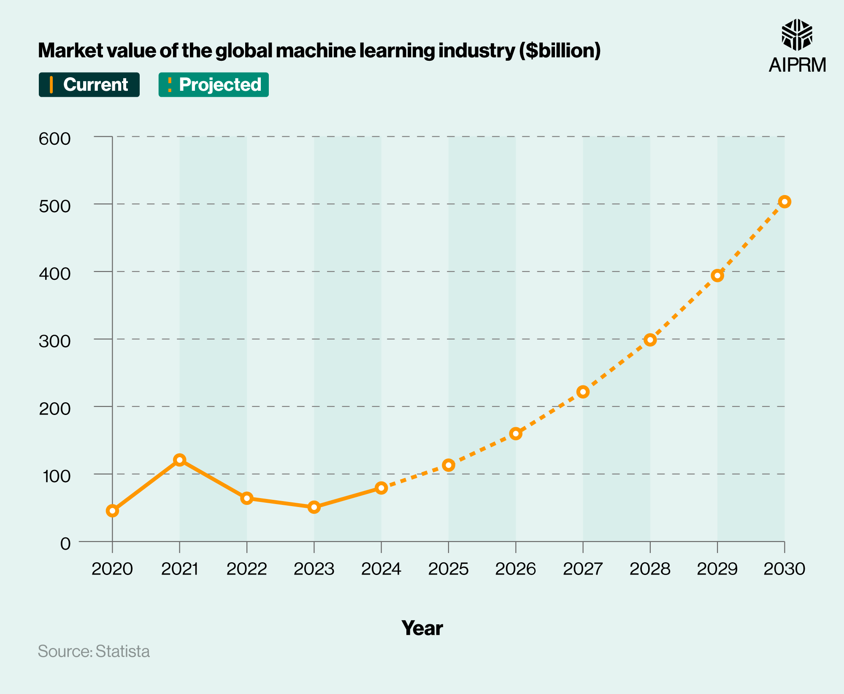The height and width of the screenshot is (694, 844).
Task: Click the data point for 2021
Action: (180, 460)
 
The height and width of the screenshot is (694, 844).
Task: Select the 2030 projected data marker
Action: (784, 201)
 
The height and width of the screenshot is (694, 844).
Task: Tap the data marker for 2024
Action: (381, 488)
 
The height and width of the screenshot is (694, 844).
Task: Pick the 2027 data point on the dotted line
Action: (583, 392)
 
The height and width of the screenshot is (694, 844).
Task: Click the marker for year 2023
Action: (314, 507)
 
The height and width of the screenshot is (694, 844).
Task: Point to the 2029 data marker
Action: (717, 276)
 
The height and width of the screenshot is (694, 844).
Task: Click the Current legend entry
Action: (89, 85)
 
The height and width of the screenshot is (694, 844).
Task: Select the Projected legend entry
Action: (214, 85)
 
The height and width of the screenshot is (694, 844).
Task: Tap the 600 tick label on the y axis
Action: (54, 139)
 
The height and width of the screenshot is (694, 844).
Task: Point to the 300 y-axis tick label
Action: (54, 341)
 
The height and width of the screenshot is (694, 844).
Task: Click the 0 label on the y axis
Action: (65, 544)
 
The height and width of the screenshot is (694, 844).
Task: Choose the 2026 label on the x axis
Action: (515, 569)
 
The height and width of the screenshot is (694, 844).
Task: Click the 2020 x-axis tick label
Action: (112, 569)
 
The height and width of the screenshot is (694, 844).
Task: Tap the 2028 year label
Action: (650, 569)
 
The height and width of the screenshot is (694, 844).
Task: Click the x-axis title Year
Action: (422, 628)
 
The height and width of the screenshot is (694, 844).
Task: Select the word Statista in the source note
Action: (122, 651)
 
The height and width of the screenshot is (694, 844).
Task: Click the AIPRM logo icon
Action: (797, 35)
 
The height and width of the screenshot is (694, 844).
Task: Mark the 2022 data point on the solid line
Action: (247, 498)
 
